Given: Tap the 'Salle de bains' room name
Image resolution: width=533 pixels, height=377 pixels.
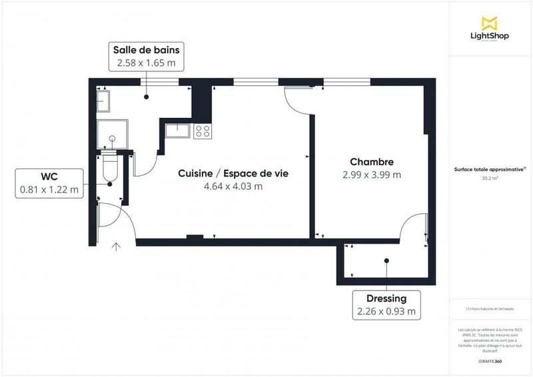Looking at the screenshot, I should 147,50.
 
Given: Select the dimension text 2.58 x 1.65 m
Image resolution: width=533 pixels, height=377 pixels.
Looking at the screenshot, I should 147,63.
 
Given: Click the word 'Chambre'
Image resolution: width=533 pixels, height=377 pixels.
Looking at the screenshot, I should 372,162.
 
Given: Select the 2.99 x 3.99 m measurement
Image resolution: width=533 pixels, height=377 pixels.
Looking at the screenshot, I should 372,175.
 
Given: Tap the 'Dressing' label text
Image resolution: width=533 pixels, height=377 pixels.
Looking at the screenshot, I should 386,298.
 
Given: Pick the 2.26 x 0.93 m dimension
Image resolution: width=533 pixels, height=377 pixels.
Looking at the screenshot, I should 386,311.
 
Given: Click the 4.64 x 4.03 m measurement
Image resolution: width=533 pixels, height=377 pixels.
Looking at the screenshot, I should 233,187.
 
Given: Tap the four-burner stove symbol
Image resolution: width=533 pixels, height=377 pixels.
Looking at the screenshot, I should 203,131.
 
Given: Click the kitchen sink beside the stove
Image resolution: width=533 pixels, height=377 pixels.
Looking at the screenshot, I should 179,130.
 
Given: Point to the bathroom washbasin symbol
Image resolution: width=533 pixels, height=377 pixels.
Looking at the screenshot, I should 104,101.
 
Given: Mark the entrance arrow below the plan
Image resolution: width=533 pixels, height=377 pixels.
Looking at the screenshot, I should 117,248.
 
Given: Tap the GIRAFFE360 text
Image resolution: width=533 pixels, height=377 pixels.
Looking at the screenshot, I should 490,360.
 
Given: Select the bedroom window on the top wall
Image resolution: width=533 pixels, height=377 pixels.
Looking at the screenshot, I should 343,81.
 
